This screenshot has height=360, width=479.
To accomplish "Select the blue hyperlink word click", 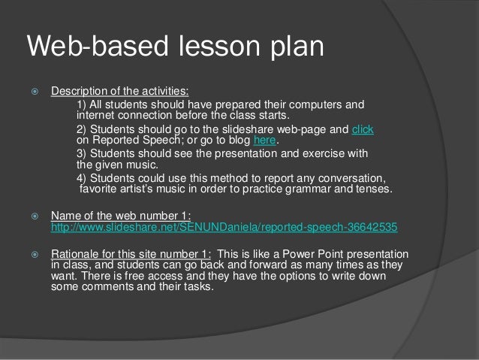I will [x=363, y=129].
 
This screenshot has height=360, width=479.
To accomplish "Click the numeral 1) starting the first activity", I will [x=83, y=104].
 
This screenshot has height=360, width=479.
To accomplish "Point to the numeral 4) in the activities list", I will [x=83, y=178].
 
